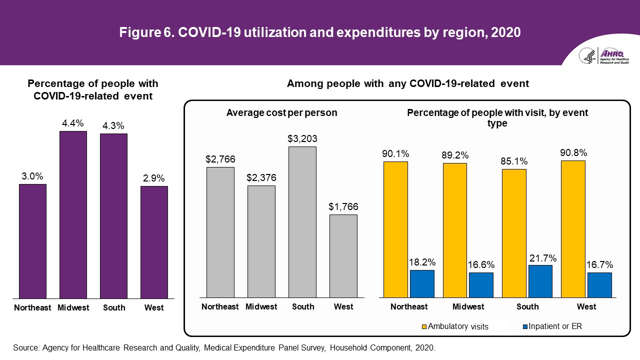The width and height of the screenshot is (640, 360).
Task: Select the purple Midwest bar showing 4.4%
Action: (73, 214)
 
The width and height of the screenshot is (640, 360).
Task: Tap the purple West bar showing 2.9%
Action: (154, 242)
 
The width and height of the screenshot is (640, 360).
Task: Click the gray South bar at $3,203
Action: (302, 222)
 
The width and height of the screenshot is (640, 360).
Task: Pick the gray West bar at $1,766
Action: (343, 256)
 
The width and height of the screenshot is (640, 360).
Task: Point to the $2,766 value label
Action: (220, 159)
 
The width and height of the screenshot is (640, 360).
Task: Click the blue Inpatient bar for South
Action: (540, 281)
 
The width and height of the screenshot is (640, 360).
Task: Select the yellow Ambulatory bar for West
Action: (573, 229)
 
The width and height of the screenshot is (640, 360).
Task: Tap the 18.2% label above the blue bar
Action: (422, 262)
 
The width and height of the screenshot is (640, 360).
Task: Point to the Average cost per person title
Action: (281, 113)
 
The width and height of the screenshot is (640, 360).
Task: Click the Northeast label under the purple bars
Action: (32, 307)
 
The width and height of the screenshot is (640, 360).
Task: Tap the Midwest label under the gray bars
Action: (261, 306)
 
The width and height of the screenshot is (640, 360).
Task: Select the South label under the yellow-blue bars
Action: (527, 306)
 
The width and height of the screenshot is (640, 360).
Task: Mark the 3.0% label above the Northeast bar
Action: (32, 176)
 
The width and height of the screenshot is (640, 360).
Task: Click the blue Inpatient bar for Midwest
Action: (481, 285)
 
